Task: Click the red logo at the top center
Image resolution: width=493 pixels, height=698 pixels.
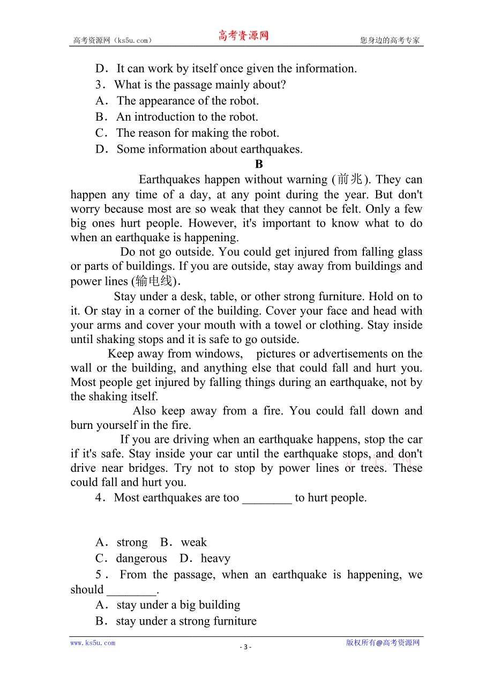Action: [243, 36]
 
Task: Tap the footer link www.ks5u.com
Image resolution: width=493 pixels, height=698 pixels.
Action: [93, 643]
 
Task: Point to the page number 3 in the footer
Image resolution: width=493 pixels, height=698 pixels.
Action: [245, 647]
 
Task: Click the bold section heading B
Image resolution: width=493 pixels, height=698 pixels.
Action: [259, 165]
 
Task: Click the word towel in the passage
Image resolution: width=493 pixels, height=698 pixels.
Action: [288, 325]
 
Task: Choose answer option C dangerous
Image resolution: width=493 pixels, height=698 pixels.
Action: [141, 559]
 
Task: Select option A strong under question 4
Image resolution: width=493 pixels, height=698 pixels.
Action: [132, 543]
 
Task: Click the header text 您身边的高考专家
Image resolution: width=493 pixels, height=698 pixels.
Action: [390, 40]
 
